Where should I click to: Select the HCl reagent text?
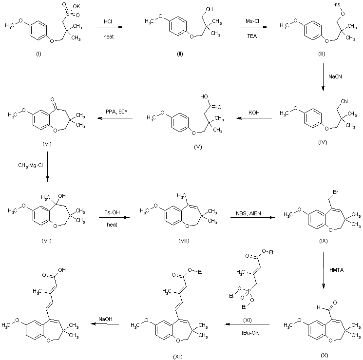pos(108,21)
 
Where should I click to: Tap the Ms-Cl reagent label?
pos(252,21)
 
